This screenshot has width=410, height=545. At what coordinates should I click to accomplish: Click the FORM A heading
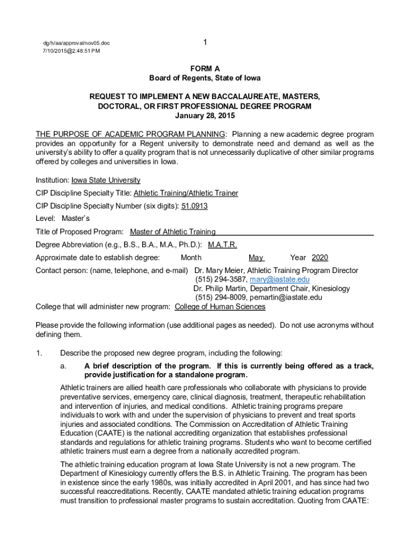(x=205, y=69)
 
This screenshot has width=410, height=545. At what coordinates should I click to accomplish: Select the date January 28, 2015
(x=205, y=115)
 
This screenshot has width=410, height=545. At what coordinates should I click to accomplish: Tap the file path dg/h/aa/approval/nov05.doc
(x=77, y=43)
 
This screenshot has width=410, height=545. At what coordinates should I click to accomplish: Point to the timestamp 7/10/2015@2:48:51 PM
(x=71, y=51)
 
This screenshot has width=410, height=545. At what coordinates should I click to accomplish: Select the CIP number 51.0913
(x=194, y=206)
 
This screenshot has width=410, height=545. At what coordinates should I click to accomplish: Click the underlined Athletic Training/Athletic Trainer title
(x=186, y=193)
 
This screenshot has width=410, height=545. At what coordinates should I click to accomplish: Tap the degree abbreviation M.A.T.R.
(x=222, y=245)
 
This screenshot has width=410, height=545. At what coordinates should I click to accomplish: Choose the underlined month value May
(x=256, y=258)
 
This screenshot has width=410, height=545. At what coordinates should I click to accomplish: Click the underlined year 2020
(x=319, y=258)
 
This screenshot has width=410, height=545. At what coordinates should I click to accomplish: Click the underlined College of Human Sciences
(x=220, y=307)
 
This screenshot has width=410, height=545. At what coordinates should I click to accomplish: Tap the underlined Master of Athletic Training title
(x=173, y=232)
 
